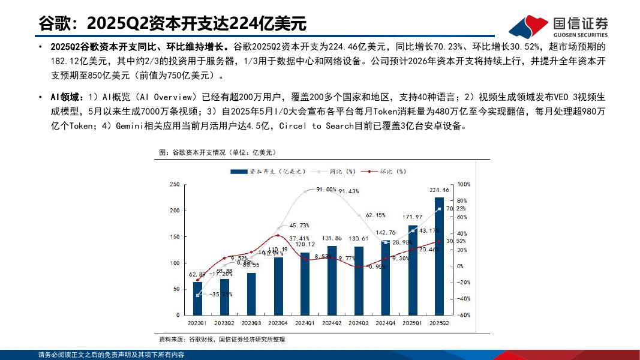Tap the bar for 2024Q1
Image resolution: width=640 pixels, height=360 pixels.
tap(305, 283)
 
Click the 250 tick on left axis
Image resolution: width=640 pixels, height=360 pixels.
tap(175, 184)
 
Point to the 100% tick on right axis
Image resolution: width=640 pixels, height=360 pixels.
tap(464, 184)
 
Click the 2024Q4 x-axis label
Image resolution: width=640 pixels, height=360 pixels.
tap(385, 323)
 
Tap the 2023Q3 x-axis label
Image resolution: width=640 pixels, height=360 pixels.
tap(251, 323)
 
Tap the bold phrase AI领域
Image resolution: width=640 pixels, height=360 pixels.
tap(67, 97)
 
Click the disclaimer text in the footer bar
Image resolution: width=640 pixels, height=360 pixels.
tap(111, 355)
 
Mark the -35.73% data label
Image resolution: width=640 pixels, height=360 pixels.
tap(220, 295)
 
